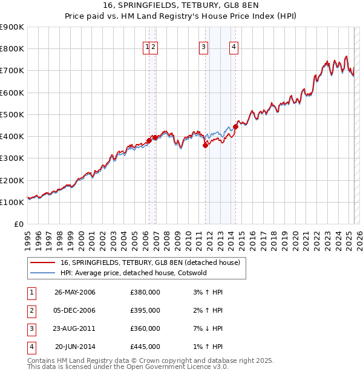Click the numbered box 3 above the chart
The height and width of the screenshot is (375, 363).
[203, 48]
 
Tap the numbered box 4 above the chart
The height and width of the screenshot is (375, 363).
[234, 48]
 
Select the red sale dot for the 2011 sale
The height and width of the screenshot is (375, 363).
[205, 145]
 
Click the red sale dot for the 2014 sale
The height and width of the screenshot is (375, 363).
[235, 126]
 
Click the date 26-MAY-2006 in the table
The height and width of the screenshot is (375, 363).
[75, 292]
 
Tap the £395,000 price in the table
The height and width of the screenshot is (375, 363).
[145, 310]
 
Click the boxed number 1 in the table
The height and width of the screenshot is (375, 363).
[31, 292]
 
